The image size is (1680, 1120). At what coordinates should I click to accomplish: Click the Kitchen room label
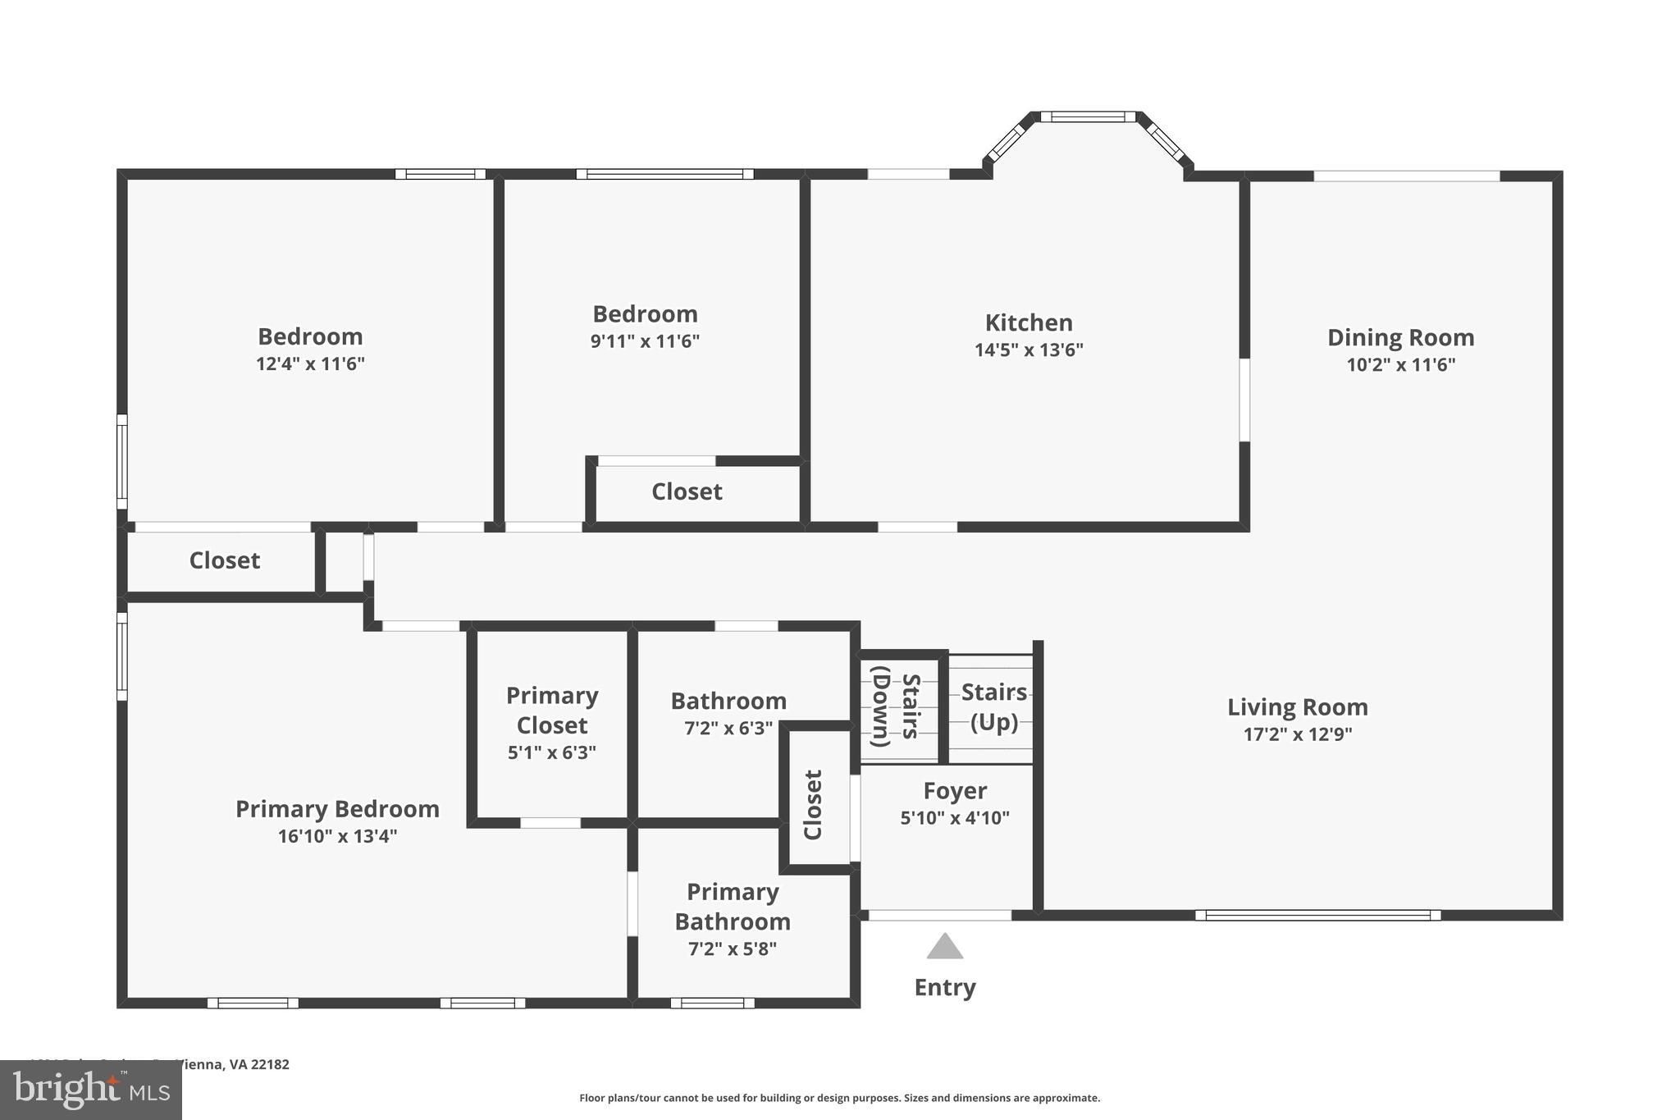(1028, 322)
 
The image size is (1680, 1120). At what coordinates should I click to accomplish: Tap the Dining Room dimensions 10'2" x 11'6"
(1400, 365)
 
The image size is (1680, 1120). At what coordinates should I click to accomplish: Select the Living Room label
(1297, 707)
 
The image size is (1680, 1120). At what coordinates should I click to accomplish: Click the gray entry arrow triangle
(944, 947)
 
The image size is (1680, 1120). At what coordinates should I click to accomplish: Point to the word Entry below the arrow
(944, 987)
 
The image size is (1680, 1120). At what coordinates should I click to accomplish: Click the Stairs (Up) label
(993, 707)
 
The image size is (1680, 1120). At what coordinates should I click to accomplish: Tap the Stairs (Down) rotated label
(895, 706)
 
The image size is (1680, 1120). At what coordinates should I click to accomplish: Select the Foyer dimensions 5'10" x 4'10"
(954, 818)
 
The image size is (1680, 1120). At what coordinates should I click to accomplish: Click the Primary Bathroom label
(732, 907)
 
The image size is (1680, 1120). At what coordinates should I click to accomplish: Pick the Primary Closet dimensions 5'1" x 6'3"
(551, 752)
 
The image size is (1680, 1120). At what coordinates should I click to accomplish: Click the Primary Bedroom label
(337, 809)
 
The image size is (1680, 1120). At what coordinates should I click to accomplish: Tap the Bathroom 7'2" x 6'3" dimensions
(728, 729)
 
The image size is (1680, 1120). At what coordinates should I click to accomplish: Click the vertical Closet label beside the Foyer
(813, 804)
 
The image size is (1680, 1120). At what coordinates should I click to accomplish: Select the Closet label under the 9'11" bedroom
(687, 491)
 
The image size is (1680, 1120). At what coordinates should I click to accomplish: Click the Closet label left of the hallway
(224, 560)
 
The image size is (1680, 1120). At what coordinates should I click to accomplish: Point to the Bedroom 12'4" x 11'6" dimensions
(310, 363)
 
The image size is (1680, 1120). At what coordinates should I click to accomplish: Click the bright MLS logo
(90, 1090)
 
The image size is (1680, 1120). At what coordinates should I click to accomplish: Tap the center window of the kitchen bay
(1088, 117)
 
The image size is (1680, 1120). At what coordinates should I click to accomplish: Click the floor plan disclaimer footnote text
(839, 1098)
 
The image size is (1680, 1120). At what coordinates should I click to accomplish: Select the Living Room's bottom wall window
(1317, 915)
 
